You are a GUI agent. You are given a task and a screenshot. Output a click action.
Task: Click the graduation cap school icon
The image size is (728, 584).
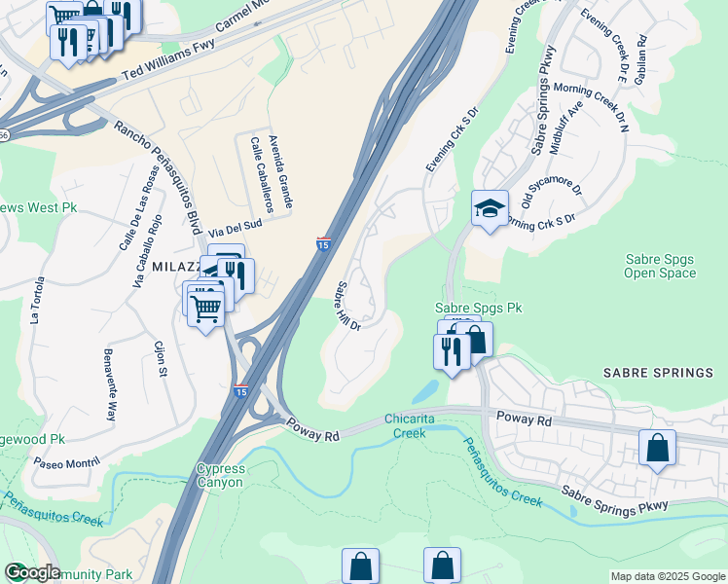490,208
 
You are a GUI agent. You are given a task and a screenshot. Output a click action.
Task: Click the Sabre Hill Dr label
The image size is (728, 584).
347,307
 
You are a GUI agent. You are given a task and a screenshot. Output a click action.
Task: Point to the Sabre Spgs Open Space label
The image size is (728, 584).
660,265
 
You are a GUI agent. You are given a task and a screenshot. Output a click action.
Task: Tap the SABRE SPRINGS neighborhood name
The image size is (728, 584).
659,373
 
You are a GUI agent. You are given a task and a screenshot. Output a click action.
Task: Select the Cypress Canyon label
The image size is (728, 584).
221,475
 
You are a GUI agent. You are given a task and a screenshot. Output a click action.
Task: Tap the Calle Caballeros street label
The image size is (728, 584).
262,175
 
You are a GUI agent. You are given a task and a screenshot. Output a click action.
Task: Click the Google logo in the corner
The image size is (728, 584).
32,572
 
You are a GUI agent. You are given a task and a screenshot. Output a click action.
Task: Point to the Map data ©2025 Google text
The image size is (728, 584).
668,576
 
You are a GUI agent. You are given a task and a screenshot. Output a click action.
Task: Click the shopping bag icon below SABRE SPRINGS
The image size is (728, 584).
658,449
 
